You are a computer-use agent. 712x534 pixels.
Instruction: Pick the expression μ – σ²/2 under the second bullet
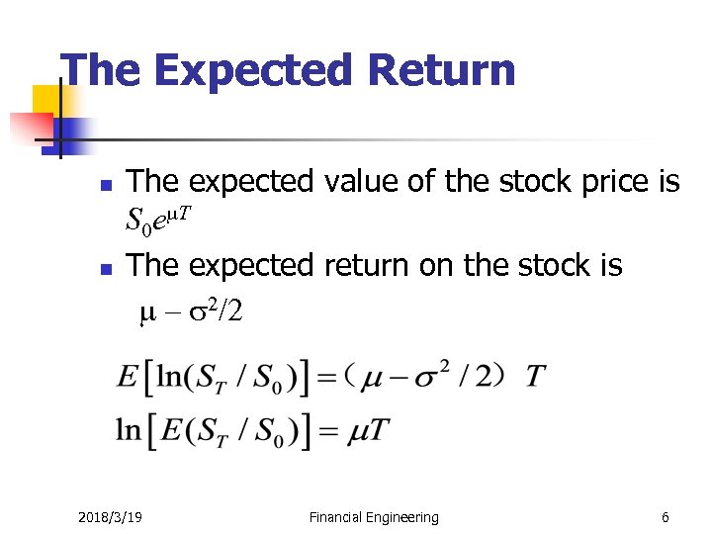point(189,313)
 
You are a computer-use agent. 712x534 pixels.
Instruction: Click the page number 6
point(666,517)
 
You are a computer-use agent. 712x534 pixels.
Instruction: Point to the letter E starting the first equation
point(127,377)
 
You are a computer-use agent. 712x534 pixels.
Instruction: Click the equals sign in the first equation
point(331,378)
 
